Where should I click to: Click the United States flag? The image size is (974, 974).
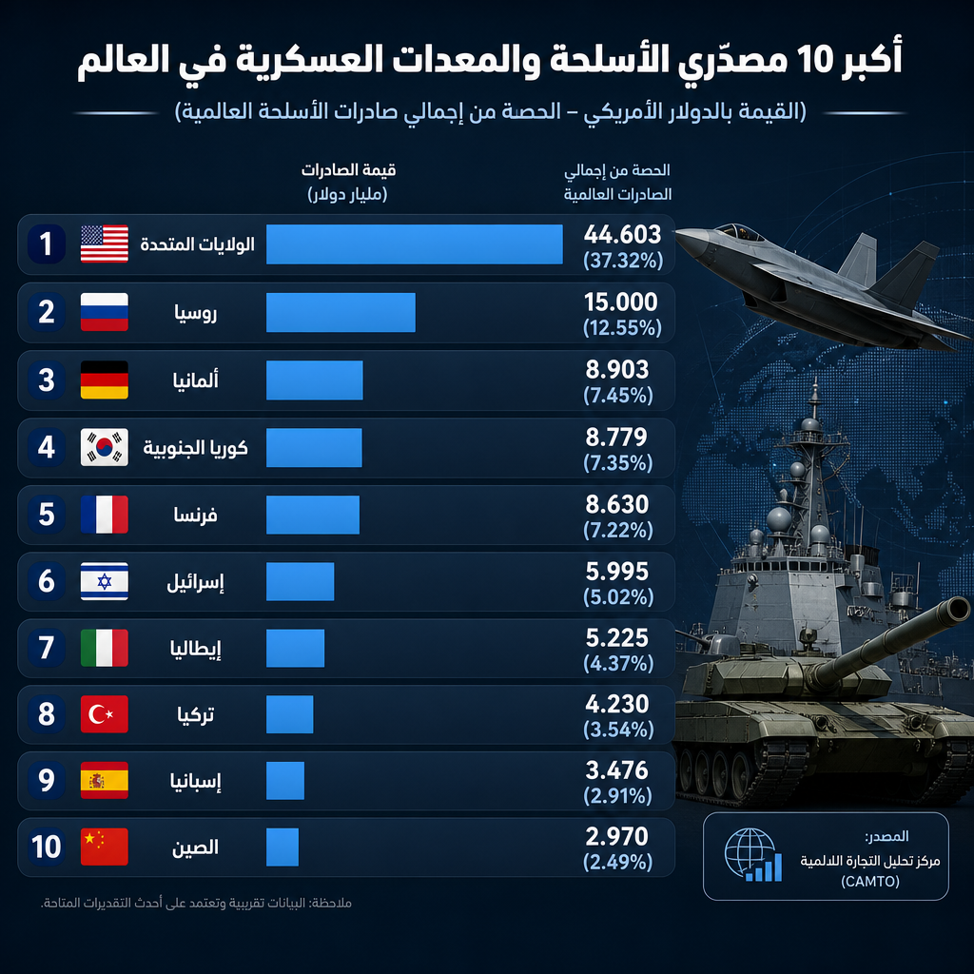(105, 243)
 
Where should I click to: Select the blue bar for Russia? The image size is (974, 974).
(341, 312)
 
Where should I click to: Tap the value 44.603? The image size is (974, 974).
(622, 234)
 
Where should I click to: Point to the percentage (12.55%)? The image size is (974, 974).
(622, 327)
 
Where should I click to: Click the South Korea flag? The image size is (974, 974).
(105, 447)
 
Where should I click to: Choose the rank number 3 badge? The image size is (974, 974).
(47, 380)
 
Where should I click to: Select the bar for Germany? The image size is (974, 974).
(315, 380)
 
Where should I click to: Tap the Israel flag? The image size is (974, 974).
(105, 581)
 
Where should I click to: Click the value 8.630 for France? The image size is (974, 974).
(616, 504)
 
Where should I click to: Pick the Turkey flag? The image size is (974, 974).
(105, 714)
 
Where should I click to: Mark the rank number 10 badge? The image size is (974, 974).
(47, 847)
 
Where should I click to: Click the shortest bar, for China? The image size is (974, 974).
(282, 847)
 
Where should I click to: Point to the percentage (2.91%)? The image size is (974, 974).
(617, 796)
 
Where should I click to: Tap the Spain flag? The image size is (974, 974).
(105, 780)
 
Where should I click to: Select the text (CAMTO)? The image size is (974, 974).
(870, 882)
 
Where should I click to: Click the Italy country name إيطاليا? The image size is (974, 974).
(196, 649)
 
